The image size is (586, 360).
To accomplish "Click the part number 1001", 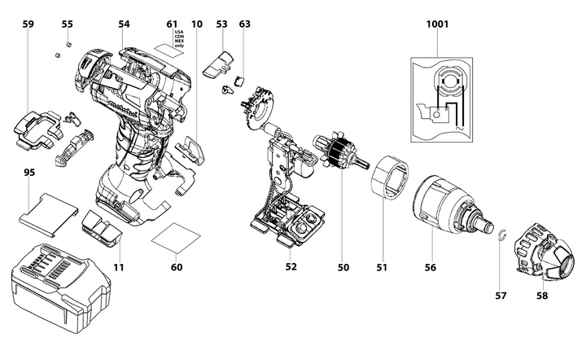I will pos(437,25).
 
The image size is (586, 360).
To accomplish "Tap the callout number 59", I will pos(28,25).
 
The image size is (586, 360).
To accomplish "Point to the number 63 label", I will pos(244,25).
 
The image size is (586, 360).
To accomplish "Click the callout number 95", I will pos(28,173).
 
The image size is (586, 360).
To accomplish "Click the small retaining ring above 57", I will pos(503,236).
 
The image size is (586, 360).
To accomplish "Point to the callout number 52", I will pos(291,266).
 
